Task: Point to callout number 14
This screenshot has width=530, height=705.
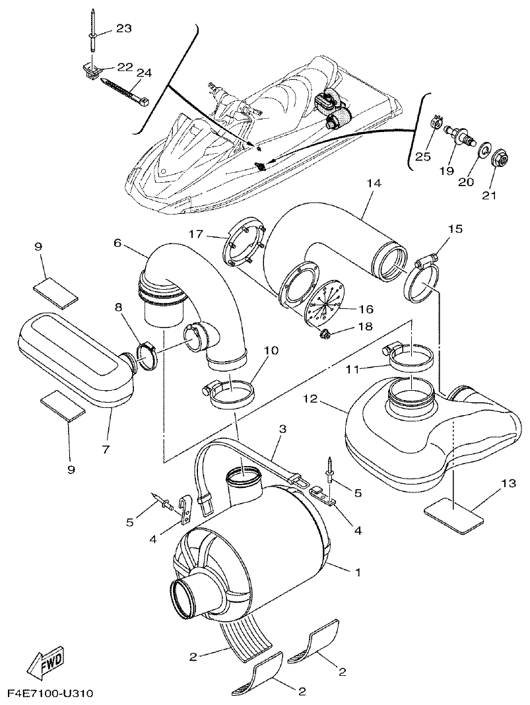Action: pyautogui.click(x=374, y=184)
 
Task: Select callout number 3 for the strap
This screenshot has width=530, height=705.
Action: pyautogui.click(x=282, y=430)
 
